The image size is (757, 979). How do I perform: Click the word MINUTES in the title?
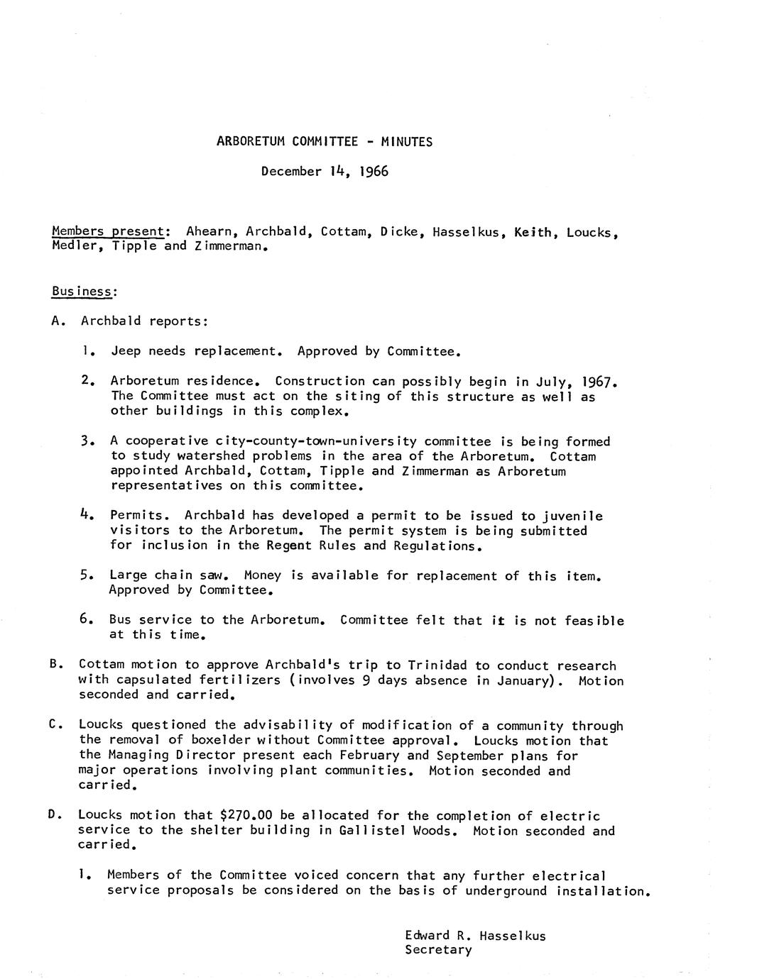click(406, 141)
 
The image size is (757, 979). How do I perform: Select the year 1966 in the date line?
click(374, 171)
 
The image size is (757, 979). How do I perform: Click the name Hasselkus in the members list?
click(466, 231)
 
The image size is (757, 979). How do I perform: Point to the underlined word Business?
click(82, 291)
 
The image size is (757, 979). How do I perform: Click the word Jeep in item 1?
click(126, 351)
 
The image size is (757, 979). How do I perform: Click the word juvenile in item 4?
click(573, 516)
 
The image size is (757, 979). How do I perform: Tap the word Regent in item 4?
click(290, 546)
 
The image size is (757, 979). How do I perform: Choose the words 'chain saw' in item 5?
click(190, 575)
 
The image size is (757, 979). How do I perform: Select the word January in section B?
click(521, 680)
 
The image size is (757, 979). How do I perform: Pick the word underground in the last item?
click(506, 891)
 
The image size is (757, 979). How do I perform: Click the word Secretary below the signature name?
click(438, 950)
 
